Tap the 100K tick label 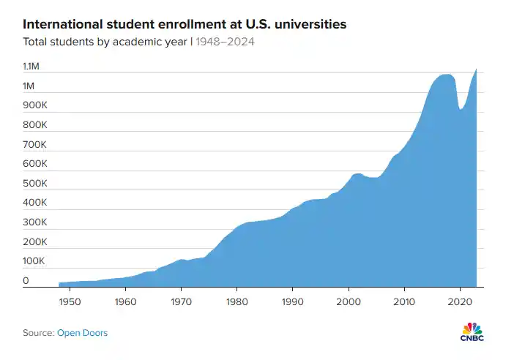click(34, 261)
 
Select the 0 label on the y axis click(26, 280)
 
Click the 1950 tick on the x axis click(70, 301)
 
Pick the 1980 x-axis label click(236, 301)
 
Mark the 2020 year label click(460, 301)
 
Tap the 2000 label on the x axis click(349, 301)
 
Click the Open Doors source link click(83, 333)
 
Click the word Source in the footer click(38, 333)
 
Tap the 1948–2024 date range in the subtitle click(225, 42)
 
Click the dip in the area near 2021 click(461, 109)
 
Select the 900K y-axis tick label click(34, 105)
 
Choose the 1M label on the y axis click(29, 86)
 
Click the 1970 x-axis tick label click(181, 301)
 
